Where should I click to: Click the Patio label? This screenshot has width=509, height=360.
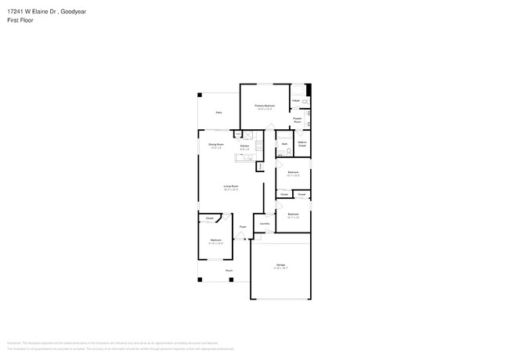[x=218, y=113]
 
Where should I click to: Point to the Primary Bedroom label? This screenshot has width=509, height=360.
[x=265, y=105]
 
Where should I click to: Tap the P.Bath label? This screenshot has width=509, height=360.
[x=296, y=100]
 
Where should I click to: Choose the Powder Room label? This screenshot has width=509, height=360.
[x=298, y=121]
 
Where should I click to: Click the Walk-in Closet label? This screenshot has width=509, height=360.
[x=302, y=145]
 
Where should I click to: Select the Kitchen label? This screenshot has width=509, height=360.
[x=244, y=146]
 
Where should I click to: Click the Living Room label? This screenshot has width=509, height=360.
[x=230, y=185]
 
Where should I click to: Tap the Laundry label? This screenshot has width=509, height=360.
[x=265, y=224]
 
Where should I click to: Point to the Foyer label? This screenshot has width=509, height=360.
[x=244, y=227]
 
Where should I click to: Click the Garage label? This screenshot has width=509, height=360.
[x=280, y=265]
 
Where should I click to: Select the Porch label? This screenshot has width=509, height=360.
[x=229, y=271]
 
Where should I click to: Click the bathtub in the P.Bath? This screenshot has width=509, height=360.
[x=305, y=102]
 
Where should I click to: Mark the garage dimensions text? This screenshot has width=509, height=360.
[x=280, y=268]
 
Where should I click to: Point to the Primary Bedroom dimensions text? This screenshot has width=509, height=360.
[x=265, y=109]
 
